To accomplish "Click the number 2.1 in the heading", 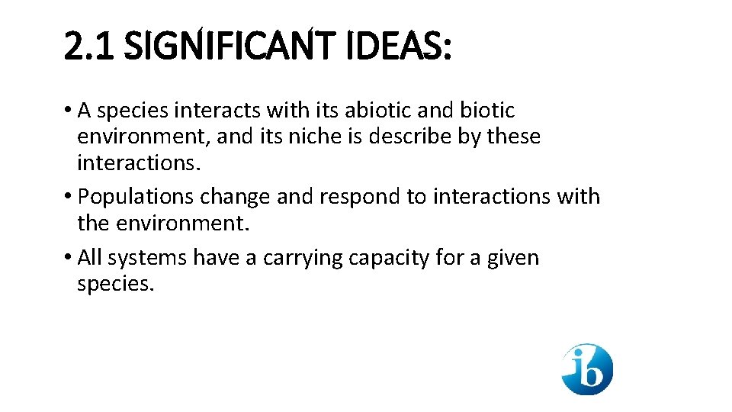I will coord(90,47).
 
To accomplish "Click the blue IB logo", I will coord(587,369).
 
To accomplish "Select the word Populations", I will coord(136,197).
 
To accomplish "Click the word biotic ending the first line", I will coord(487,111).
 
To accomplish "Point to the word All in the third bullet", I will coord(90,258).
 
